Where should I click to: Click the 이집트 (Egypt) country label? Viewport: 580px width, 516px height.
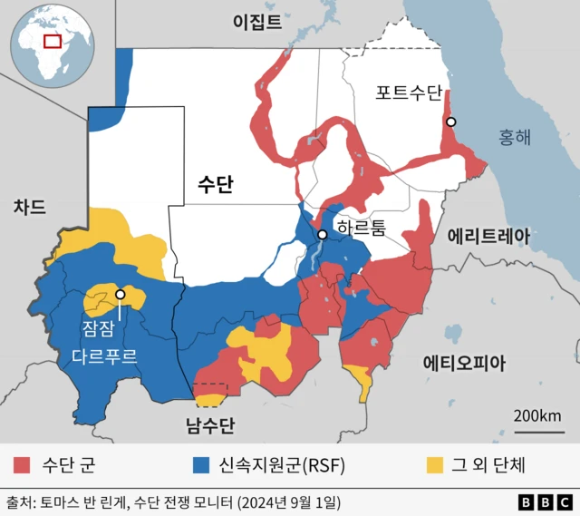pos(256,21)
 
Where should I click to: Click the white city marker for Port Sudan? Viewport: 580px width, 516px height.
pos(450,122)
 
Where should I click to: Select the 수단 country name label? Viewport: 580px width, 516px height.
pos(215,185)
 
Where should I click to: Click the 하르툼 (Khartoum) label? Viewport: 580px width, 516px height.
pos(360,228)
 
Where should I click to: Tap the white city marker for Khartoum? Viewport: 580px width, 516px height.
pos(322,236)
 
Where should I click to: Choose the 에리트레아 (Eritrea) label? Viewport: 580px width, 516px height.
pos(488,236)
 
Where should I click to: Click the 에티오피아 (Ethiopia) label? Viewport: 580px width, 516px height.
pos(465,363)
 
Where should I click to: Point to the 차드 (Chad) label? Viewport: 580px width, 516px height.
pos(29,207)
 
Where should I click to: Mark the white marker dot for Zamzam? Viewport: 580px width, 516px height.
pos(120,295)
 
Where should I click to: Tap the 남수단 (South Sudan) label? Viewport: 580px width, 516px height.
pos(209,424)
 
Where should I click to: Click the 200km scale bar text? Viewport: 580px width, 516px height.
pos(537,415)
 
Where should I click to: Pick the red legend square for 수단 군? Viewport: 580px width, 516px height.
pos(23,466)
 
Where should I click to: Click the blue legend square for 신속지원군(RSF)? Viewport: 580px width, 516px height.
pos(202,466)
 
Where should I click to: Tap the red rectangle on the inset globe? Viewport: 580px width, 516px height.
pos(53,41)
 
